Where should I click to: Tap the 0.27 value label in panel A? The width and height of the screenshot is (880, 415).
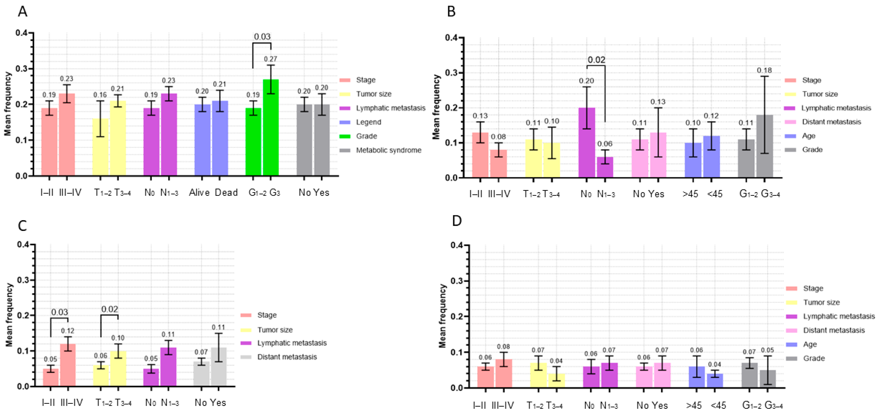click(x=271, y=59)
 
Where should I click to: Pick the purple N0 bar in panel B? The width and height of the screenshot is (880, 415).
click(x=587, y=143)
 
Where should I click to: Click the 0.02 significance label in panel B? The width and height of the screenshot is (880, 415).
click(x=596, y=60)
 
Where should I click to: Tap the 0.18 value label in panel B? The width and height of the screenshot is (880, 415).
click(x=764, y=70)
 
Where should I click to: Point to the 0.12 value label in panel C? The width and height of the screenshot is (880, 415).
click(x=68, y=331)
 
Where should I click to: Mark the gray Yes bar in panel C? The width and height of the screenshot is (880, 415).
click(x=219, y=367)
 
